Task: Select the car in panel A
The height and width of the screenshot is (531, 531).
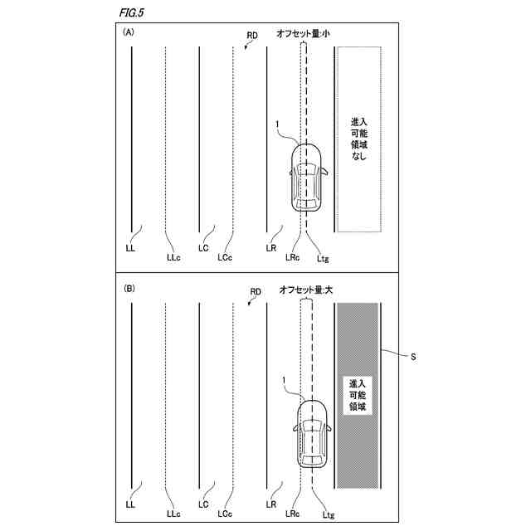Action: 307,176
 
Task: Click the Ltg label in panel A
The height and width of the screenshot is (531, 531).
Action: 323,258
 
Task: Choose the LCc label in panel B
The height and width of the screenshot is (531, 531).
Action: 224,514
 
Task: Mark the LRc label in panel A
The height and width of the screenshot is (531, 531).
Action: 292,258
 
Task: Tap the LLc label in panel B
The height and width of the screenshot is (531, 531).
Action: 173,514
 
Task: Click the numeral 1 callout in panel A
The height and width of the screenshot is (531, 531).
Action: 275,125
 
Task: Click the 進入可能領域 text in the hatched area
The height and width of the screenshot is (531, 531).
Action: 358,396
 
